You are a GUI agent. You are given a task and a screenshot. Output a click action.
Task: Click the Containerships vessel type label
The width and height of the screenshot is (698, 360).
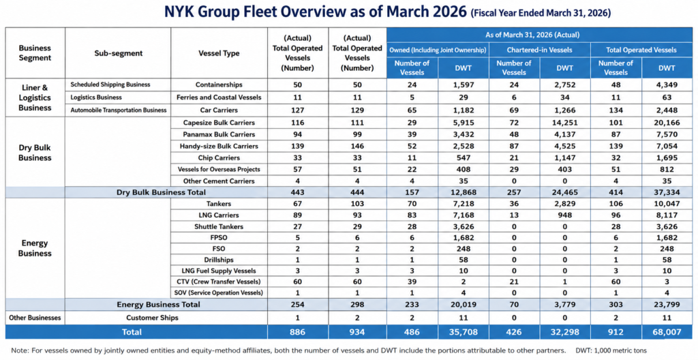click(219, 85)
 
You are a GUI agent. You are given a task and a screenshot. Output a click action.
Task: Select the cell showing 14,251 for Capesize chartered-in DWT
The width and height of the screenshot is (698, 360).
click(564, 123)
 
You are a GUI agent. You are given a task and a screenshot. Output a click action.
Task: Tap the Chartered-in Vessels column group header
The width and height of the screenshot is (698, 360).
click(540, 50)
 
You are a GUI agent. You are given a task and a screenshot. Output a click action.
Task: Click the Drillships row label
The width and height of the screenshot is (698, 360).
click(219, 259)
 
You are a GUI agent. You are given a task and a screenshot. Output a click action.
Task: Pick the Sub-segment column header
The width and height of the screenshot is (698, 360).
click(118, 53)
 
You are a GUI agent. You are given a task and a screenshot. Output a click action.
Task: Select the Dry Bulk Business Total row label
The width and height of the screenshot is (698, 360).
click(161, 192)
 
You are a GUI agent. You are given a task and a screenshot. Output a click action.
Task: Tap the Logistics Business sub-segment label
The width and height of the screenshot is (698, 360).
click(95, 97)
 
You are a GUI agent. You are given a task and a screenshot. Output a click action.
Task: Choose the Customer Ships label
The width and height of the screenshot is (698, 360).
click(152, 318)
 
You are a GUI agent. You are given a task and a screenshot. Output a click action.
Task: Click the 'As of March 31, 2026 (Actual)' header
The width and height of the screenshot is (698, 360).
click(540, 34)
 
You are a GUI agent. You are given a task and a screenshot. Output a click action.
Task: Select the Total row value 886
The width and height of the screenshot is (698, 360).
click(297, 331)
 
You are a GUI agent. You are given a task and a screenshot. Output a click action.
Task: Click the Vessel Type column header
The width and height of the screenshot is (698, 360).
click(219, 53)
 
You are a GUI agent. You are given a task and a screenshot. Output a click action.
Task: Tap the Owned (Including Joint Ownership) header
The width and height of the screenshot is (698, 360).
click(438, 50)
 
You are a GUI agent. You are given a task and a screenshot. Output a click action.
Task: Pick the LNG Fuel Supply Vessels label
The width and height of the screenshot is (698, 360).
click(219, 271)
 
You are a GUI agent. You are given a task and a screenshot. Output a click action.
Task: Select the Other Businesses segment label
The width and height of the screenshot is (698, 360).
click(35, 318)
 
